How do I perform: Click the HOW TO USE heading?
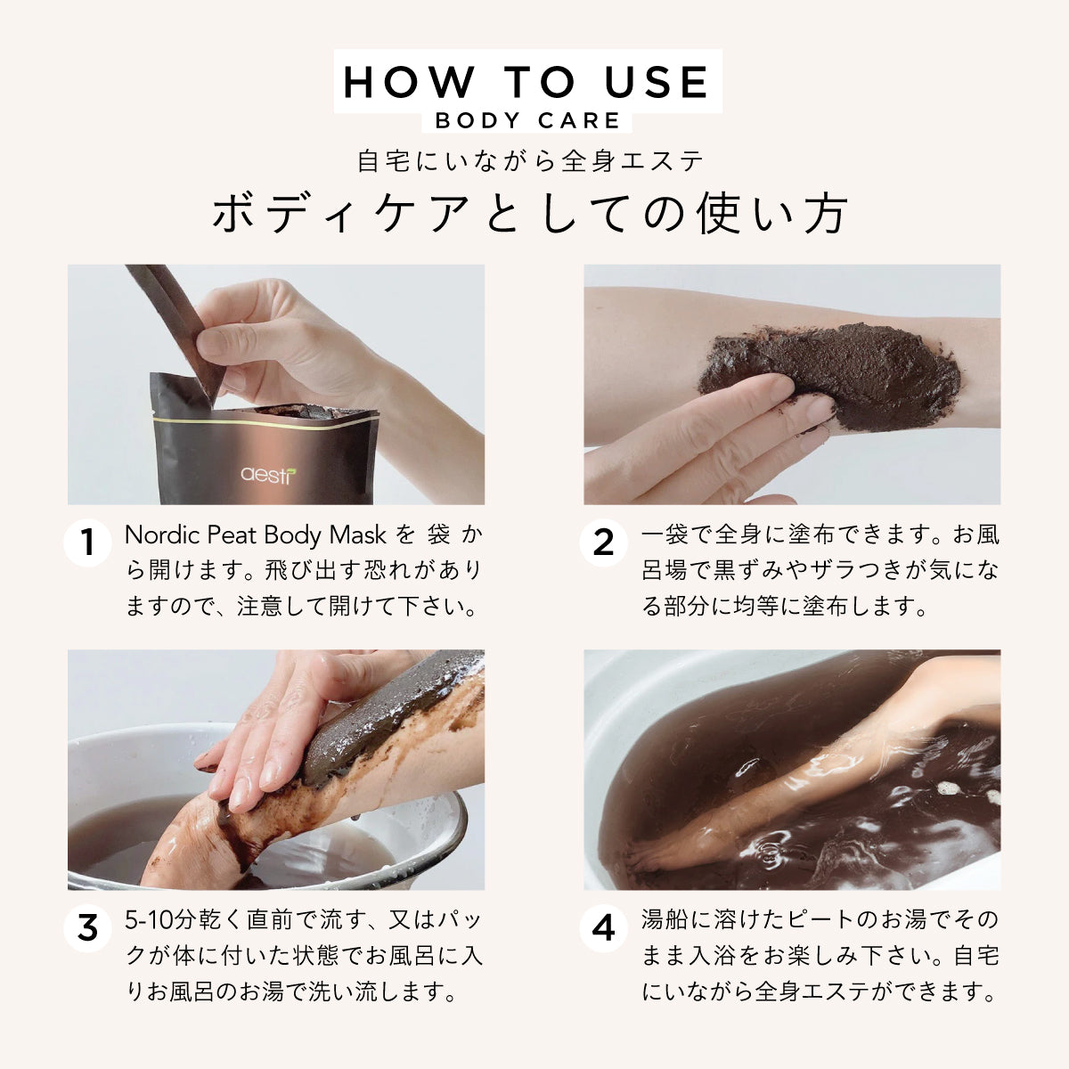[527, 82]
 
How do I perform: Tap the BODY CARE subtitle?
[527, 120]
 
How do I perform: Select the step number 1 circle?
[87, 543]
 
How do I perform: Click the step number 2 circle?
[603, 543]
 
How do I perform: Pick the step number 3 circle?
[87, 928]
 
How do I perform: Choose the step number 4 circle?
[603, 928]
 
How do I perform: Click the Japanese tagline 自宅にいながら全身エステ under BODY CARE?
[531, 162]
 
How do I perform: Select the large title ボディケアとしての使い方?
[531, 214]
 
